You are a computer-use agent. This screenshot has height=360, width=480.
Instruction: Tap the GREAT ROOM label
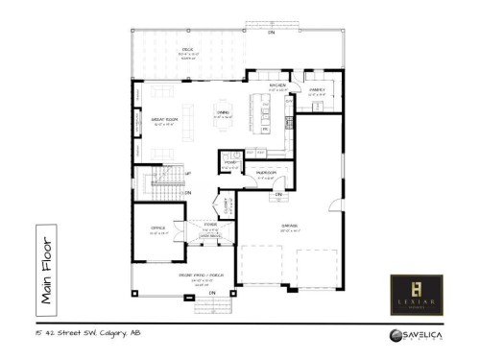(160, 120)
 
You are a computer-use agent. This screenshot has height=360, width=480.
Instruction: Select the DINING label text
(223, 113)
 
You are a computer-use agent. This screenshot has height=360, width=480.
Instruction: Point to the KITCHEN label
(278, 85)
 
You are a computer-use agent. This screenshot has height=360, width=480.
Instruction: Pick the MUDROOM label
(266, 173)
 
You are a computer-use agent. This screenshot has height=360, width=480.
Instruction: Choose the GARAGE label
(288, 226)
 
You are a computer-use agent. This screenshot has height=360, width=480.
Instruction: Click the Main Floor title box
(45, 266)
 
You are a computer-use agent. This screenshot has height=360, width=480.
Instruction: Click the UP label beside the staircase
(187, 173)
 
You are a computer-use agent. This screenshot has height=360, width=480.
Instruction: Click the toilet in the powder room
(234, 154)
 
